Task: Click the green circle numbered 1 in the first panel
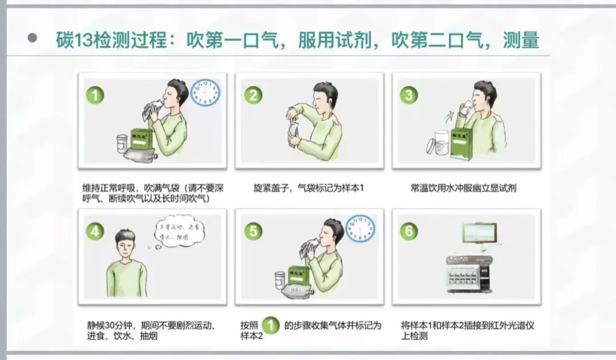95,95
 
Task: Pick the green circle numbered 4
95,231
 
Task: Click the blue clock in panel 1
205,92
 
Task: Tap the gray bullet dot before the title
33,38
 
